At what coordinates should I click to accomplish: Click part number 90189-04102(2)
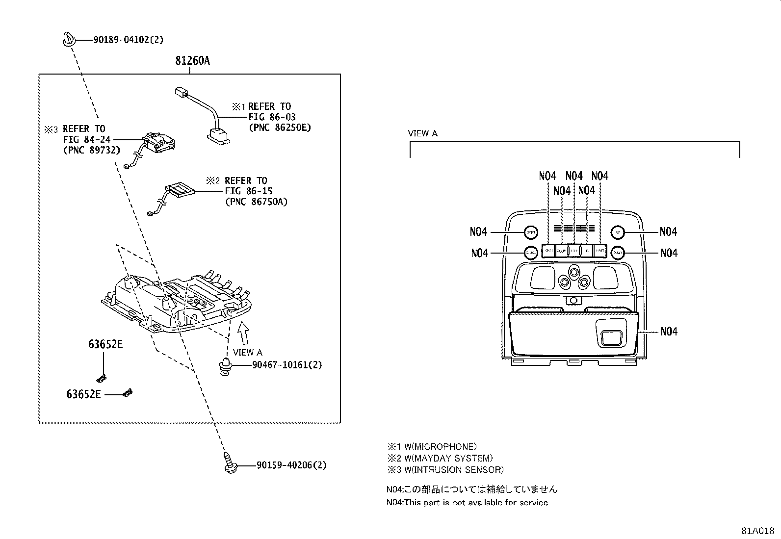128,40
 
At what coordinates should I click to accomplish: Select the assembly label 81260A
192,61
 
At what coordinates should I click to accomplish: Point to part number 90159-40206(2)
291,465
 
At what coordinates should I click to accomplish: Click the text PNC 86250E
280,128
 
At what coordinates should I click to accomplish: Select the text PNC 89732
92,150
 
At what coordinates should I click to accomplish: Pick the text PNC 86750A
256,202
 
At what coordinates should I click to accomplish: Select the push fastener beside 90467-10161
225,366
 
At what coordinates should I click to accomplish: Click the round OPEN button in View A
531,232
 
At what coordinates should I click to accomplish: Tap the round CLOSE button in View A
530,253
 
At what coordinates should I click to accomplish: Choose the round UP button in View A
618,232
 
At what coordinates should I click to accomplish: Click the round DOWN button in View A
618,253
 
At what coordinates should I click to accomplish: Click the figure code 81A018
757,531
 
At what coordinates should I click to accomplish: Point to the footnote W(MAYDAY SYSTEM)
444,458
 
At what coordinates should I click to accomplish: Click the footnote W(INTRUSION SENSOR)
450,469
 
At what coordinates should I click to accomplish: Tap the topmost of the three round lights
574,271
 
